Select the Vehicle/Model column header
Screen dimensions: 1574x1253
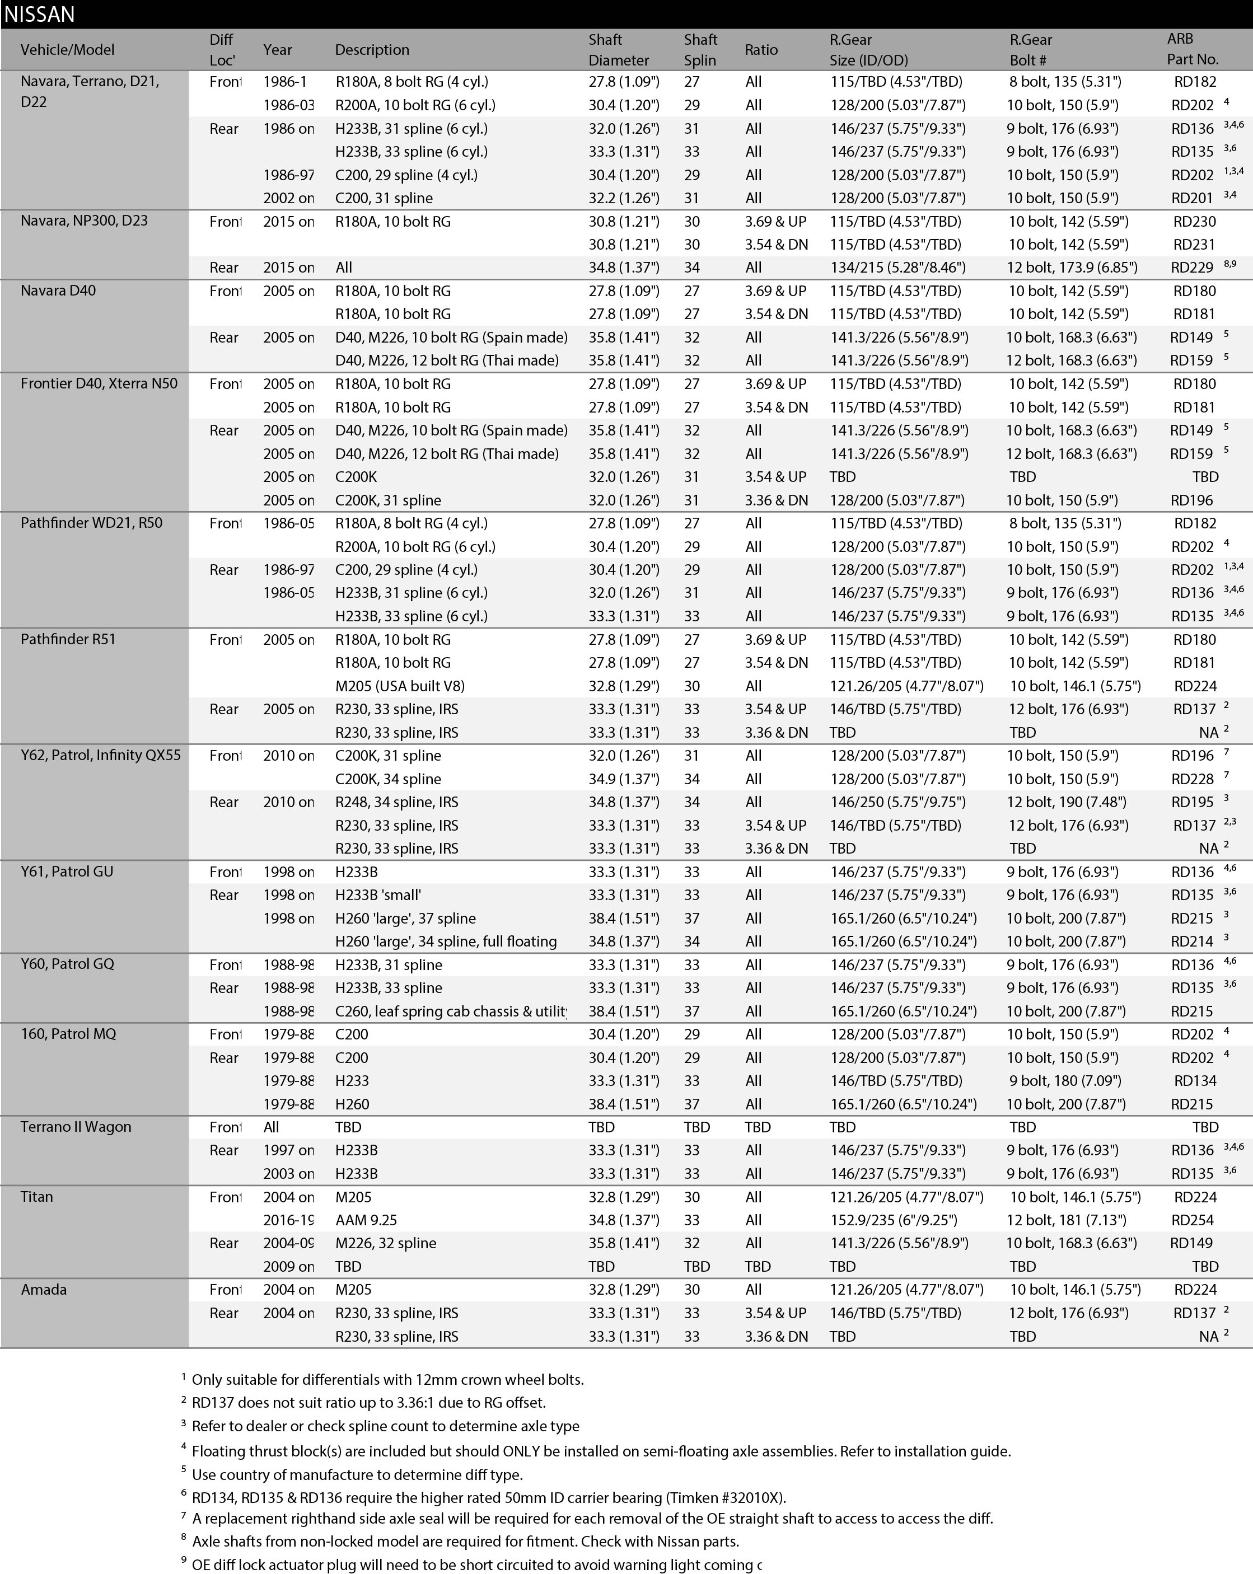click(x=67, y=50)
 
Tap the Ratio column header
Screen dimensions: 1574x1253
click(x=761, y=50)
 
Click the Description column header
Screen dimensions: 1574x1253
click(x=372, y=50)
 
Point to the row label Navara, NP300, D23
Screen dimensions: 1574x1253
click(x=84, y=221)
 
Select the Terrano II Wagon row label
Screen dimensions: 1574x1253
click(x=76, y=1126)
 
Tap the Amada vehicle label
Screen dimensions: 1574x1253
click(x=44, y=1289)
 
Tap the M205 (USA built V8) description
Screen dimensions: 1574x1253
click(x=399, y=686)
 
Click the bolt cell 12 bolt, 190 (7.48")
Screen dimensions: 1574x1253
click(x=1066, y=802)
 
